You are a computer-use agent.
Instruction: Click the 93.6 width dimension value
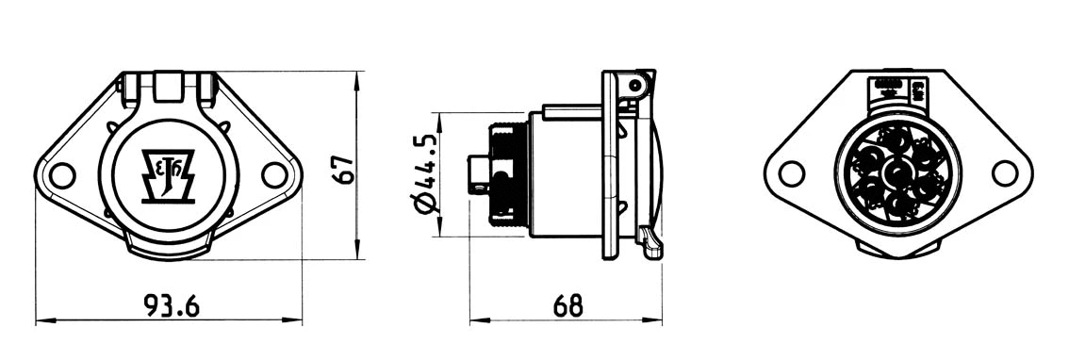(x=171, y=305)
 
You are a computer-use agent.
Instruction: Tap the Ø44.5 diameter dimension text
(x=425, y=174)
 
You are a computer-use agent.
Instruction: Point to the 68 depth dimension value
(x=567, y=305)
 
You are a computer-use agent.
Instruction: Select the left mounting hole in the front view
(x=62, y=175)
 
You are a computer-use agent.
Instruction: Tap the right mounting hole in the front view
(x=273, y=174)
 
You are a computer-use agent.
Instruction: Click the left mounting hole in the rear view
(x=792, y=173)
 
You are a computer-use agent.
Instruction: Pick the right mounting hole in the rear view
(x=1006, y=173)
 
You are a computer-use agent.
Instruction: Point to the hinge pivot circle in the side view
(x=636, y=86)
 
